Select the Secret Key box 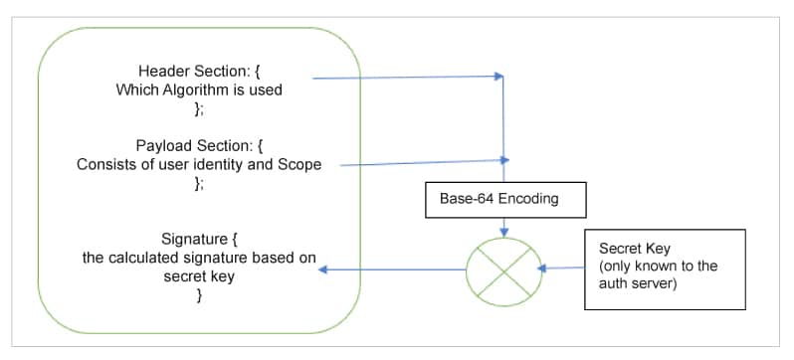(x=664, y=268)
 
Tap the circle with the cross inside (x=503, y=269)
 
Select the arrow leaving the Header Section (x=408, y=77)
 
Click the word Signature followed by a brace (x=193, y=239)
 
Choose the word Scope (x=298, y=164)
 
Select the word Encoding (x=527, y=198)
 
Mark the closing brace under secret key (x=199, y=295)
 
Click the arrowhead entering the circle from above (x=504, y=232)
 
